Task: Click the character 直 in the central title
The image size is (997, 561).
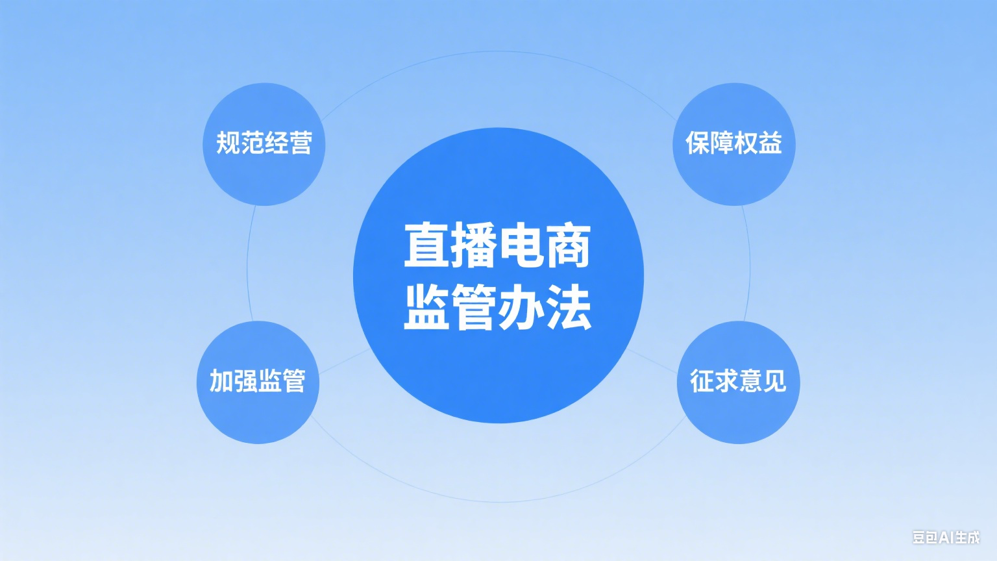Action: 426,245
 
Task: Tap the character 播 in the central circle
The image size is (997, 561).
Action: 474,245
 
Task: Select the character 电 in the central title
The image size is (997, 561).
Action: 521,245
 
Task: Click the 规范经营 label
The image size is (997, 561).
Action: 264,143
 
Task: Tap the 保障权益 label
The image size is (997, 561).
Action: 733,143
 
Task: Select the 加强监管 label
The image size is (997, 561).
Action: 257,380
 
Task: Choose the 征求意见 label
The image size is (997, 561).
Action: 738,380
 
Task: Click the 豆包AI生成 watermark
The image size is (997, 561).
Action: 946,538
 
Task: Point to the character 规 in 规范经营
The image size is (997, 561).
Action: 228,143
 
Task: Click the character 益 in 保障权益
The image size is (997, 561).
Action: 770,143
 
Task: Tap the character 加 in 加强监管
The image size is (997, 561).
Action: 221,380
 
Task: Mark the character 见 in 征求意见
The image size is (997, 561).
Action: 774,380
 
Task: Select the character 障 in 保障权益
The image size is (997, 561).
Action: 722,143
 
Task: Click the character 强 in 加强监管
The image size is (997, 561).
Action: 245,380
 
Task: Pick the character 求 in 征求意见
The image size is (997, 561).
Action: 726,380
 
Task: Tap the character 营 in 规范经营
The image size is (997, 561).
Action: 301,143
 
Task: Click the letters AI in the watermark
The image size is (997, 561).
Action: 946,538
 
